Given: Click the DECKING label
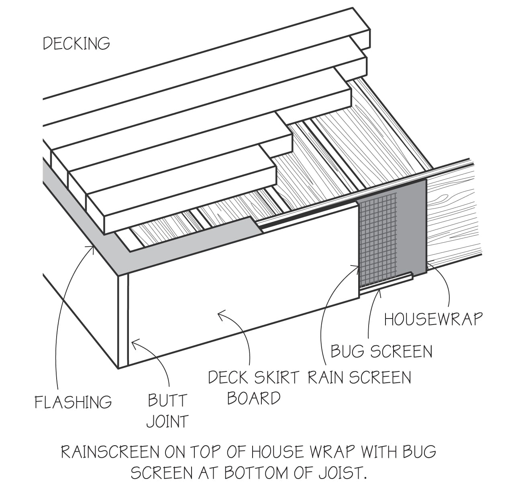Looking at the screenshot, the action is pyautogui.click(x=76, y=43).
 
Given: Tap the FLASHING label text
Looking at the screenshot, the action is pyautogui.click(x=73, y=402).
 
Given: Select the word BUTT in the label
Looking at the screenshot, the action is pyautogui.click(x=167, y=400).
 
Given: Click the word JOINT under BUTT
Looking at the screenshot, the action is pyautogui.click(x=167, y=421).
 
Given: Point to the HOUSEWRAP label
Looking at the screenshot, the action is pyautogui.click(x=433, y=319).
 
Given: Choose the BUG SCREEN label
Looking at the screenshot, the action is pyautogui.click(x=381, y=351).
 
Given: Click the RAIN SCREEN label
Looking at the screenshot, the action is pyautogui.click(x=359, y=377).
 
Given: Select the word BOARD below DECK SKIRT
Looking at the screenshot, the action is pyautogui.click(x=254, y=398).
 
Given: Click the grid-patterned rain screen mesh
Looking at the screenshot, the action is pyautogui.click(x=377, y=240).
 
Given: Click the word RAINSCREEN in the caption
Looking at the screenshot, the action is pyautogui.click(x=110, y=452).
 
